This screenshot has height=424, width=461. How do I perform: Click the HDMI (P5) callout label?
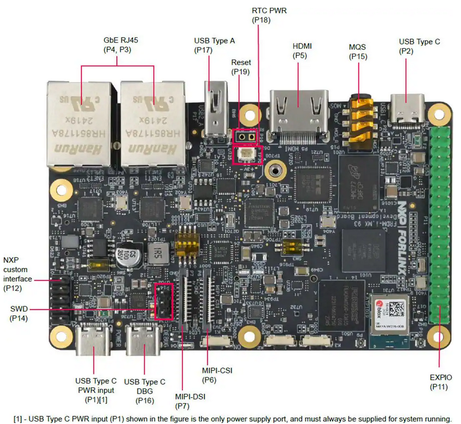pos(302,51)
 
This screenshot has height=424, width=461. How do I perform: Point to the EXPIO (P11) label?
pos(440,382)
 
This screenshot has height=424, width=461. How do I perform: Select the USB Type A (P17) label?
pos(214,46)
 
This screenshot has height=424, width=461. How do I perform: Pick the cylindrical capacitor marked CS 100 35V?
pos(127,255)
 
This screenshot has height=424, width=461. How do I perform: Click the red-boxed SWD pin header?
pos(164,301)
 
